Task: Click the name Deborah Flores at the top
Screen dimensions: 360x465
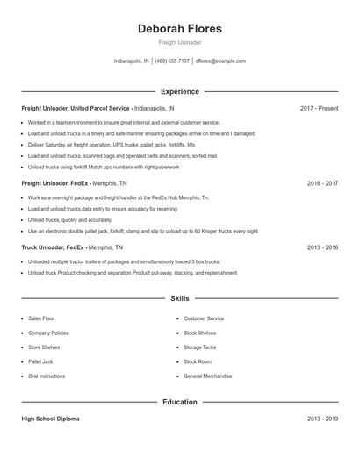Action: coord(179,28)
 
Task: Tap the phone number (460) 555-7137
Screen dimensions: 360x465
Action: coord(172,61)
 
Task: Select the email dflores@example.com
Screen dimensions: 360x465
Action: coord(220,61)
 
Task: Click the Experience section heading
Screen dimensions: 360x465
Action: coord(179,91)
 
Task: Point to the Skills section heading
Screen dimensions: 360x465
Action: coord(179,299)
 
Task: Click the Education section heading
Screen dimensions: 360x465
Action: coord(179,402)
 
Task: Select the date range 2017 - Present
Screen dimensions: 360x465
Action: coord(319,108)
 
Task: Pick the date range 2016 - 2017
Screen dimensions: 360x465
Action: coord(322,184)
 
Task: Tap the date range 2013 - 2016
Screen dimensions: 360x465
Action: coord(322,247)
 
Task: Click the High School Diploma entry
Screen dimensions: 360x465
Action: coord(50,419)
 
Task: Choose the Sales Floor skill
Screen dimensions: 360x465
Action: coord(41,318)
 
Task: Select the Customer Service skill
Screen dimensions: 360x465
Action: coord(204,318)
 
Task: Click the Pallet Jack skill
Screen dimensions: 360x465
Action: coord(40,361)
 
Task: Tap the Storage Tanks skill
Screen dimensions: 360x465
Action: coord(201,347)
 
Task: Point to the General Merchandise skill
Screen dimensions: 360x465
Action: coord(207,376)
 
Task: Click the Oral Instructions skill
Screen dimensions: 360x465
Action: coord(47,376)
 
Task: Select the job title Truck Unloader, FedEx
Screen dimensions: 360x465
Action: coord(53,247)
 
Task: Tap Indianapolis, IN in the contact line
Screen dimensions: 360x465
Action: coord(132,61)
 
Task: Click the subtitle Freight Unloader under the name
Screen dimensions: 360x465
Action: coord(179,43)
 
